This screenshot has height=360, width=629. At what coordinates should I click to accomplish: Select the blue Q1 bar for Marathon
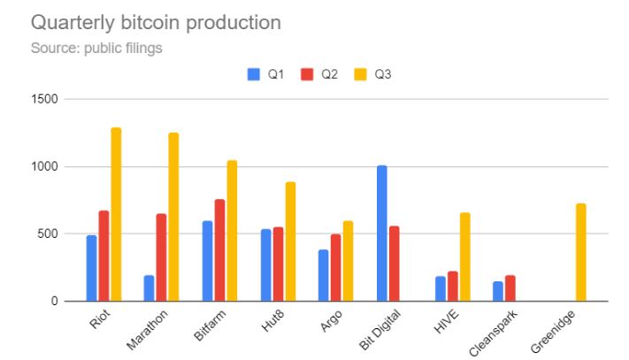click(x=149, y=288)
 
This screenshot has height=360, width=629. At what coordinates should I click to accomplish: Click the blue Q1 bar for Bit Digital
click(x=381, y=234)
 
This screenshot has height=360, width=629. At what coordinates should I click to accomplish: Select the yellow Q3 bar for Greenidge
click(x=581, y=253)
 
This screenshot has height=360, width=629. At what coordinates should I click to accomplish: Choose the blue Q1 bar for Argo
click(x=323, y=276)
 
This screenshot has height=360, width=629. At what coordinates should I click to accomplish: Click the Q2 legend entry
click(x=321, y=75)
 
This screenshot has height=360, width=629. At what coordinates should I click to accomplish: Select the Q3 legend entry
click(x=375, y=75)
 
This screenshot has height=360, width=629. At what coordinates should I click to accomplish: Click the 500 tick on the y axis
click(x=50, y=234)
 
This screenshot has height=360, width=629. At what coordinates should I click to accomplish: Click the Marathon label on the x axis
click(x=147, y=330)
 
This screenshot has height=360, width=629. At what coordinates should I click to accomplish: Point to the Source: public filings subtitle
click(x=96, y=48)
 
